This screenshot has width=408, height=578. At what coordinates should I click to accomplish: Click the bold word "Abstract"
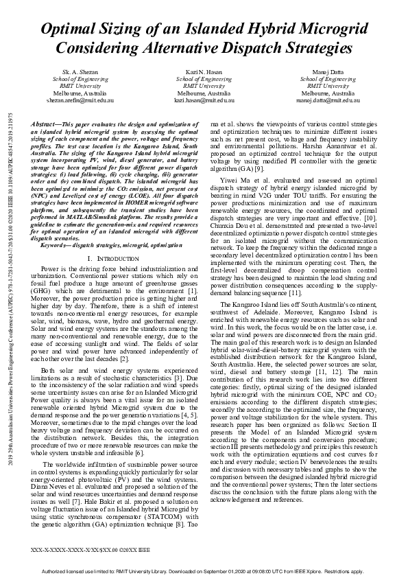pyautogui.click(x=46, y=125)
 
